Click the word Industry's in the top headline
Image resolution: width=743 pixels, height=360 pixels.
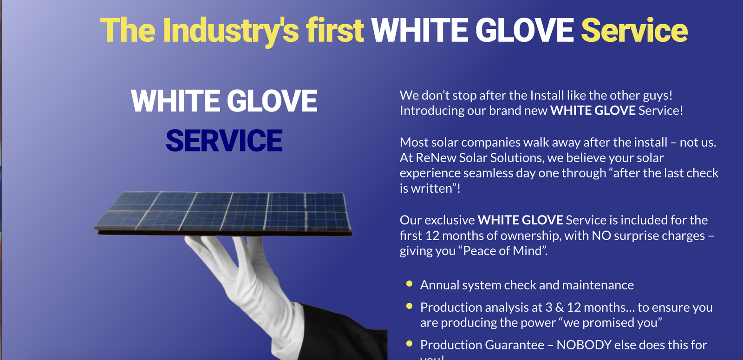231,31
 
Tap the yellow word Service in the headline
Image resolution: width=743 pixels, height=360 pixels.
634,31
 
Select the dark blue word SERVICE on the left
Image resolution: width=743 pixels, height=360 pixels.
224,141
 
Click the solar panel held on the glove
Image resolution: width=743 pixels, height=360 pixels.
223,211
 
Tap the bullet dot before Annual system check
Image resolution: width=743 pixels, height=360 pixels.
409,284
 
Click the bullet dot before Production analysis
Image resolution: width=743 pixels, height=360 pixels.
409,306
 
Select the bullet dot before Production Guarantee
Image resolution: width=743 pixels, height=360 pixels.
409,344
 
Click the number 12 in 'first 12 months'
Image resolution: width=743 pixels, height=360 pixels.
432,236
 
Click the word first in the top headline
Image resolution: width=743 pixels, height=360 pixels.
334,31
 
